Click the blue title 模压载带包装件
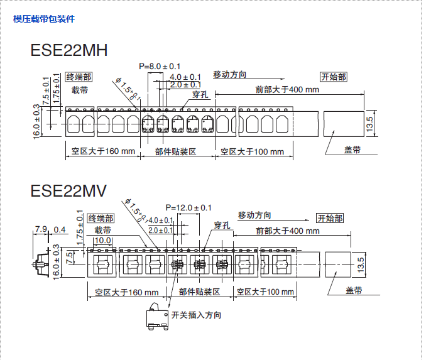(x=44, y=19)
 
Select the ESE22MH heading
(x=68, y=50)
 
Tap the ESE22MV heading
(x=68, y=190)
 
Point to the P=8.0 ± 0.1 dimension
(x=160, y=67)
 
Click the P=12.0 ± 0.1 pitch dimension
(x=188, y=208)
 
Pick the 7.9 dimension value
(x=41, y=229)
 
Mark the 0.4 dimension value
(x=60, y=229)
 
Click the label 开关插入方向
(x=196, y=315)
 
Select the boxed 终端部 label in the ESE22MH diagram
(x=79, y=77)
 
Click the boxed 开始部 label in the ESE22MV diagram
(x=330, y=219)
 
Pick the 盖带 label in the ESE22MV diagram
(x=354, y=290)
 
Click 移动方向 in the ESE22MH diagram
(x=229, y=75)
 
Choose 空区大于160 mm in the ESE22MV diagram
(x=127, y=292)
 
